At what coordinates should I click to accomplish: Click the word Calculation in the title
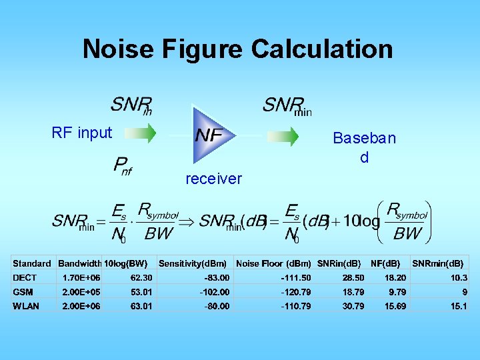pos(322,49)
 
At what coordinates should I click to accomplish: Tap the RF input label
pos(82,133)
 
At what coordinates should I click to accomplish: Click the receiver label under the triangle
pos(213,179)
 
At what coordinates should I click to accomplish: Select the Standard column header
pos(32,263)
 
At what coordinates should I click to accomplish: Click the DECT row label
pos(25,277)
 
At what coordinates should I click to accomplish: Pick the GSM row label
pos(23,292)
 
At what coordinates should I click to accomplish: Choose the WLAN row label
pos(26,306)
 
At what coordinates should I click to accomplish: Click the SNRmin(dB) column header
pos(438,263)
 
